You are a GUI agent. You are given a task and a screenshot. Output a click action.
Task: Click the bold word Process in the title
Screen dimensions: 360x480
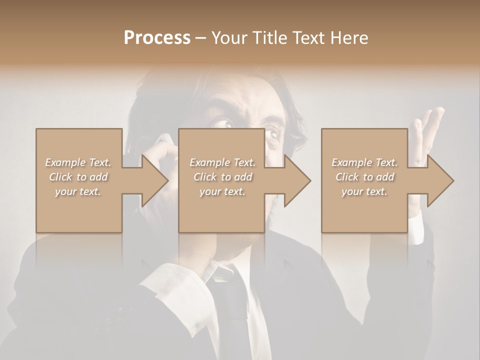pyautogui.click(x=157, y=38)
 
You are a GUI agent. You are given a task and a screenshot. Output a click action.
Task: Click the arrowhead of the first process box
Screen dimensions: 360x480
pyautogui.click(x=155, y=180)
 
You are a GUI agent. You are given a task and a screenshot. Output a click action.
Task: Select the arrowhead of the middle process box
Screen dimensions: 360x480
pyautogui.click(x=297, y=180)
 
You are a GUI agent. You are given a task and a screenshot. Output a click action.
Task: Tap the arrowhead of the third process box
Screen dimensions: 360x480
pyautogui.click(x=440, y=180)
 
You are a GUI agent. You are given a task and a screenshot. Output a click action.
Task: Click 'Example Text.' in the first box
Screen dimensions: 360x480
pyautogui.click(x=78, y=162)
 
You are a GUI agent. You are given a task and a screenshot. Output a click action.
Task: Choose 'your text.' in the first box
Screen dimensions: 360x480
pyautogui.click(x=78, y=191)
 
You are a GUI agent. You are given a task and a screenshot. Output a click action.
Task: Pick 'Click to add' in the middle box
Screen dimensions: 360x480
pyautogui.click(x=222, y=177)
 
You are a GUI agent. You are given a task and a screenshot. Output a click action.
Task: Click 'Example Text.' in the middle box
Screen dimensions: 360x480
pyautogui.click(x=222, y=162)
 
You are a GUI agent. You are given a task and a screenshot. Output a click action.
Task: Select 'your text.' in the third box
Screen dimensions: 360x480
pyautogui.click(x=364, y=191)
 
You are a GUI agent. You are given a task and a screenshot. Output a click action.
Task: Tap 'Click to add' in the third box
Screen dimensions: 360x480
pyautogui.click(x=364, y=177)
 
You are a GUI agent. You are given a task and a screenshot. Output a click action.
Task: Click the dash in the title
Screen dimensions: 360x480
pyautogui.click(x=201, y=38)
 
